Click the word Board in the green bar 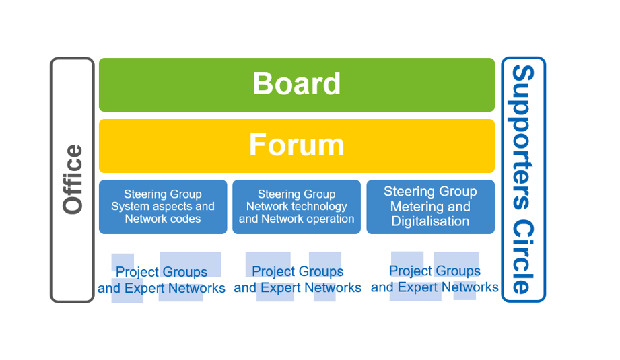pyautogui.click(x=297, y=83)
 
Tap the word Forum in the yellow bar pyautogui.click(x=297, y=145)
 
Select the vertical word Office pyautogui.click(x=73, y=180)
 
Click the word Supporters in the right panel pyautogui.click(x=523, y=137)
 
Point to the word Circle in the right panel pyautogui.click(x=523, y=257)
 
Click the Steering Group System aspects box pyautogui.click(x=163, y=207)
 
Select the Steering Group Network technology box pyautogui.click(x=297, y=207)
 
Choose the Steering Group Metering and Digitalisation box pyautogui.click(x=431, y=207)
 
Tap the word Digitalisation pyautogui.click(x=430, y=221)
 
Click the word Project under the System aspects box pyautogui.click(x=137, y=273)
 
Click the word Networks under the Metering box pyautogui.click(x=470, y=287)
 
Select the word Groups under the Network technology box pyautogui.click(x=320, y=271)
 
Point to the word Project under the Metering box pyautogui.click(x=411, y=271)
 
